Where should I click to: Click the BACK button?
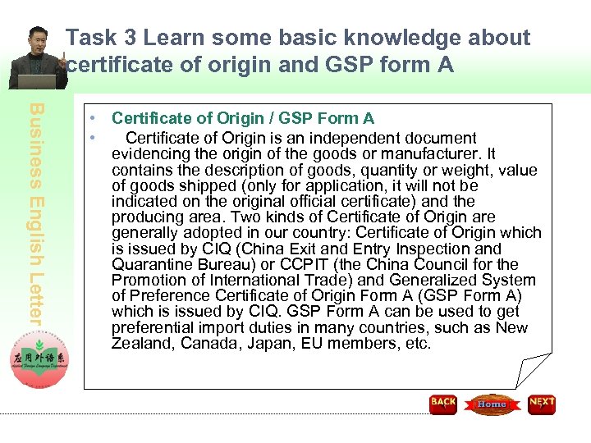click(443, 404)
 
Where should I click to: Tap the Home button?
click(492, 404)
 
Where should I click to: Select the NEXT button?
click(542, 404)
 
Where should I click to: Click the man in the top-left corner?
click(35, 58)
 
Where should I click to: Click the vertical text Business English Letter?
click(39, 212)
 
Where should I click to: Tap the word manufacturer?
click(435, 153)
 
